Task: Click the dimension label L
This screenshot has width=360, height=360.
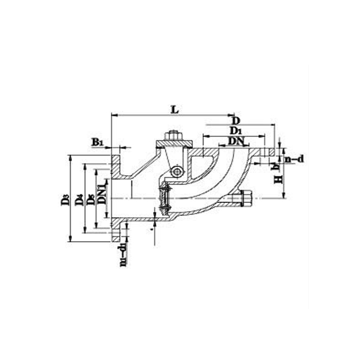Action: point(174,109)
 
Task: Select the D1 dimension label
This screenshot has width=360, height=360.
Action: point(236,130)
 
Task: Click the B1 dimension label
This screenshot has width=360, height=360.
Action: point(98,142)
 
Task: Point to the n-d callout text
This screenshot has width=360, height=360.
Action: point(294,159)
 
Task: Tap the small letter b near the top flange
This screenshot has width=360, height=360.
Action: point(274,164)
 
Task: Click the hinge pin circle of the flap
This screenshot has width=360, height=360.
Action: point(178,173)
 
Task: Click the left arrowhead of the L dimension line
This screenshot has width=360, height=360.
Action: point(112,115)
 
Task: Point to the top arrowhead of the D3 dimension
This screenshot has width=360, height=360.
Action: point(71,157)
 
